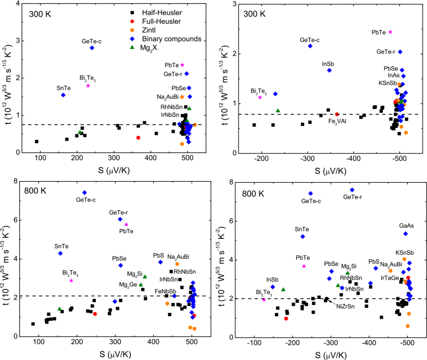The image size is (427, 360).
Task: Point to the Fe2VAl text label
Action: (x=338, y=121)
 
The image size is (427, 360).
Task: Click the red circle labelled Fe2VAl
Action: (x=337, y=114)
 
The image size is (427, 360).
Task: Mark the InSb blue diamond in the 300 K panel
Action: (x=329, y=70)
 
